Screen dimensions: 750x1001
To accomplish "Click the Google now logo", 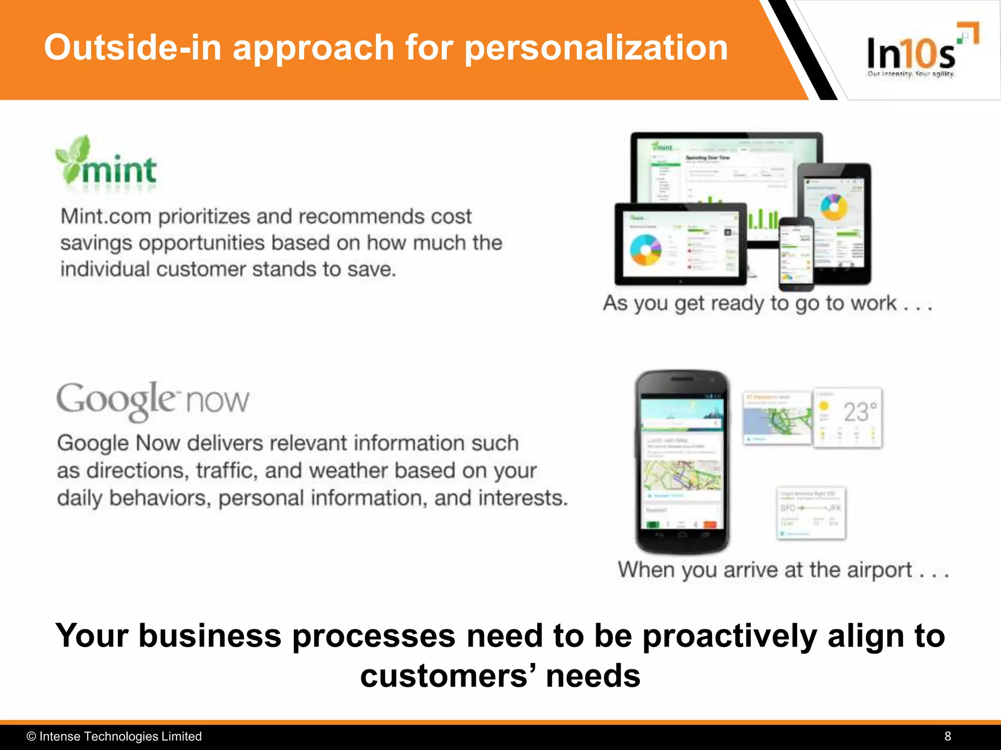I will click(152, 400).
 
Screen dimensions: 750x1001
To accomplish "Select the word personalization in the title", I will click(596, 48).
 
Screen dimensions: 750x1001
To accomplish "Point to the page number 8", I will click(948, 736).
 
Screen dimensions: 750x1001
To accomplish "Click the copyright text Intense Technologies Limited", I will click(120, 736).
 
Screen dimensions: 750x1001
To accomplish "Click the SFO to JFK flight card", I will click(811, 513).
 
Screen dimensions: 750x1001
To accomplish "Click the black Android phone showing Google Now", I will click(682, 461).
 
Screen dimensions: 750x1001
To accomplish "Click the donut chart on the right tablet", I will click(833, 207).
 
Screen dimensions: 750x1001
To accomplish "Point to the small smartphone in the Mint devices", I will click(796, 254).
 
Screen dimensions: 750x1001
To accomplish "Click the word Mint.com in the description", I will click(106, 216).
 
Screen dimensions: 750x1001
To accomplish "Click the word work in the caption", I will click(873, 303).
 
